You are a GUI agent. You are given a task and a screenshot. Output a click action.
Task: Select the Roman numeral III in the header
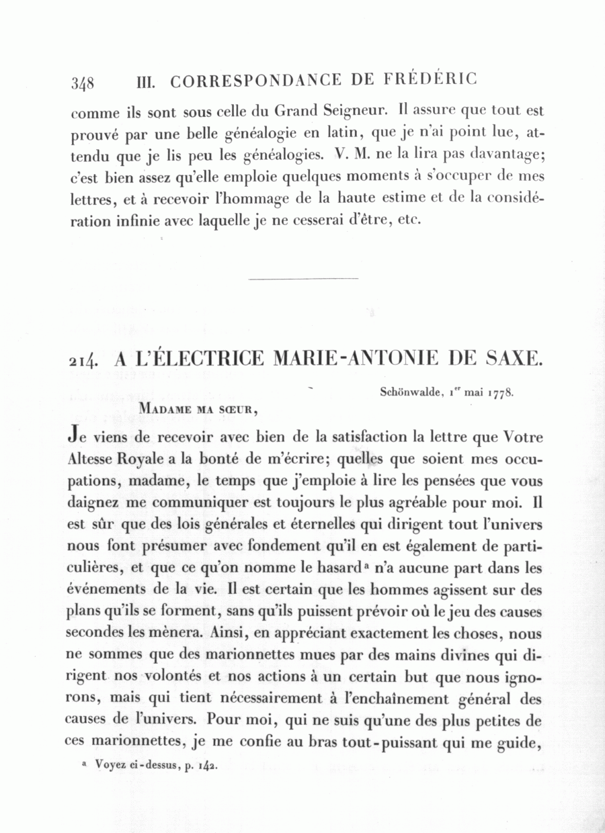click(145, 82)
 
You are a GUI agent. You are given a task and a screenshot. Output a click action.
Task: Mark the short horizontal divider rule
click(303, 278)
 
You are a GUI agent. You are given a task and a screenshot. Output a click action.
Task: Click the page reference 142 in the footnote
click(207, 765)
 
